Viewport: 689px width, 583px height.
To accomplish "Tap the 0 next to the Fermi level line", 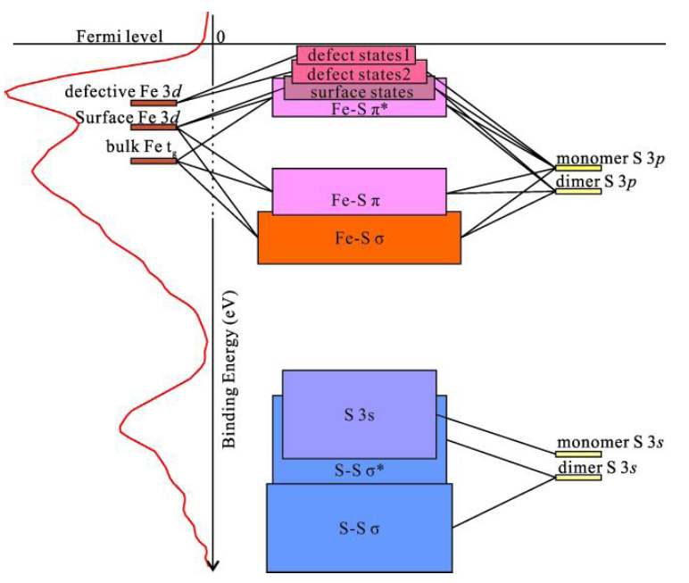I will [x=220, y=36].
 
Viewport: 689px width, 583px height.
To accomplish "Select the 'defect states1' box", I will [x=356, y=54].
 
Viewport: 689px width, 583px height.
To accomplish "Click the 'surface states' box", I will [x=361, y=91].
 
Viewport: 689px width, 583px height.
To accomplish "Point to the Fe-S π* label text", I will [x=361, y=108].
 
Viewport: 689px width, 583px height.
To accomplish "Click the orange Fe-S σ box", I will [x=359, y=238].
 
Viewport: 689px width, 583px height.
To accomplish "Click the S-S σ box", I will [x=359, y=528].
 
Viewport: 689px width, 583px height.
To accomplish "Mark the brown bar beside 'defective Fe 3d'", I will [x=154, y=103].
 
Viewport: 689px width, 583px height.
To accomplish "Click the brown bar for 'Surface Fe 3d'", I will [x=154, y=128].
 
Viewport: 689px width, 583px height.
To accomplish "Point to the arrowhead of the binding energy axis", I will [x=213, y=564].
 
